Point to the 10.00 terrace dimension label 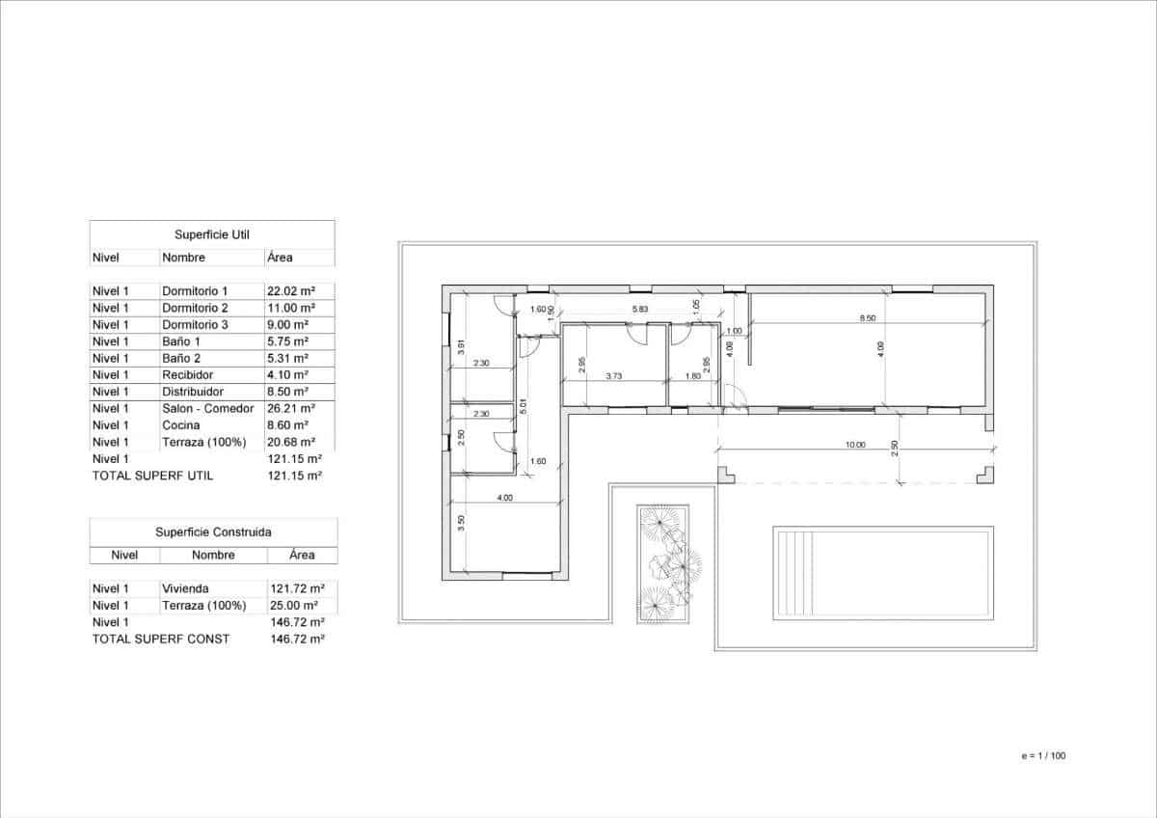pyautogui.click(x=855, y=446)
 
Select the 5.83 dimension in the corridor pyautogui.click(x=640, y=309)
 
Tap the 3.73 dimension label pyautogui.click(x=613, y=376)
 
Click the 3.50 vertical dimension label pyautogui.click(x=462, y=524)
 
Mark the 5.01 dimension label pyautogui.click(x=522, y=406)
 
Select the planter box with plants pyautogui.click(x=663, y=563)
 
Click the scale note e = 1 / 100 pyautogui.click(x=1042, y=755)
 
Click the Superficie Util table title pyautogui.click(x=212, y=234)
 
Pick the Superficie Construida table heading pyautogui.click(x=213, y=532)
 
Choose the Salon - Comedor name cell pyautogui.click(x=208, y=408)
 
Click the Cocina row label pyautogui.click(x=181, y=425)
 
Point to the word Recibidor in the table pyautogui.click(x=188, y=375)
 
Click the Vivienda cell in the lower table pyautogui.click(x=185, y=588)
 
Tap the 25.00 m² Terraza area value pyautogui.click(x=297, y=606)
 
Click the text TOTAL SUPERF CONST pyautogui.click(x=160, y=639)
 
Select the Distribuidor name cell pyautogui.click(x=193, y=392)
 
